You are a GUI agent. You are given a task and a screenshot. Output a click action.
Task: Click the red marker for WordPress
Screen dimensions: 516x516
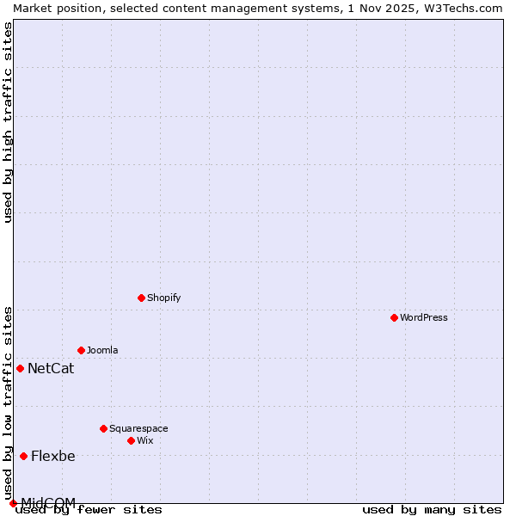[x=394, y=317]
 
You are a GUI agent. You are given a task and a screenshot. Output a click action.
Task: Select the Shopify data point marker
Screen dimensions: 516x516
[x=141, y=298]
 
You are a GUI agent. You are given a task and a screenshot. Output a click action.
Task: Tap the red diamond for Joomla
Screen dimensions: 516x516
[x=81, y=350]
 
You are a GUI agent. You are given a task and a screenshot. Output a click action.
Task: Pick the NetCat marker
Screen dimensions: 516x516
[x=20, y=368]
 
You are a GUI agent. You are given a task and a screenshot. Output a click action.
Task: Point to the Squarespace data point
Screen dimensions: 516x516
[x=103, y=428]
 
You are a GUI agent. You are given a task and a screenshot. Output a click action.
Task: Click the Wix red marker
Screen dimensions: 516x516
[x=131, y=440]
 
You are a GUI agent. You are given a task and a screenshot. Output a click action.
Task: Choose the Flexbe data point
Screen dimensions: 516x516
[x=23, y=456]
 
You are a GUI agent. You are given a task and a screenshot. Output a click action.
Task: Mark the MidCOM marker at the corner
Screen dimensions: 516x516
[x=13, y=503]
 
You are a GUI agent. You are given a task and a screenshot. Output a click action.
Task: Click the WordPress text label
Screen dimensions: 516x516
[x=424, y=317]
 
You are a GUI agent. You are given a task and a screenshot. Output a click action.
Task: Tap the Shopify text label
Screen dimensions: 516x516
[x=163, y=298]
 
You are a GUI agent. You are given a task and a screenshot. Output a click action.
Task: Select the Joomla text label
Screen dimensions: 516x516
[x=102, y=350]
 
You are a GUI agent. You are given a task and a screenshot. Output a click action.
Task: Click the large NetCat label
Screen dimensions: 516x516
[x=51, y=369]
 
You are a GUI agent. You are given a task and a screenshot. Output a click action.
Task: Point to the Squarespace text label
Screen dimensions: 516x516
[x=138, y=428]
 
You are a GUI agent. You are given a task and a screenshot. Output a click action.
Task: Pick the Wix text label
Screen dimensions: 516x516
[x=145, y=440]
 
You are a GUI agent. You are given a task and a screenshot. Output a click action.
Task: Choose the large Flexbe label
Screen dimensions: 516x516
[x=53, y=457]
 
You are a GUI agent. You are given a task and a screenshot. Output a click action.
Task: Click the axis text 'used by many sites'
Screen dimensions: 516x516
[x=432, y=510]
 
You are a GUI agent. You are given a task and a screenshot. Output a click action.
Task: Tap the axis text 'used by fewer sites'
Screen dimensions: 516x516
[x=89, y=510]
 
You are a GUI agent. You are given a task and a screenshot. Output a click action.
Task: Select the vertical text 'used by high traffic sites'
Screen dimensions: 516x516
[x=8, y=122]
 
